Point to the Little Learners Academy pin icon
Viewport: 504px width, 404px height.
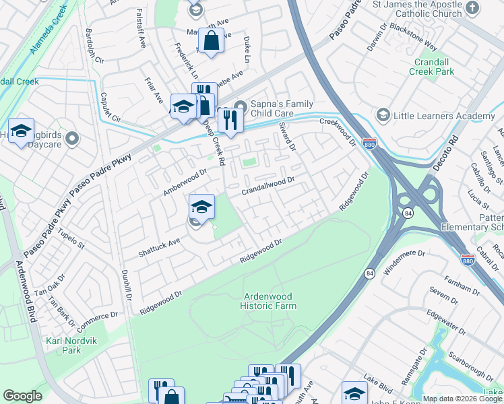[x=383, y=116]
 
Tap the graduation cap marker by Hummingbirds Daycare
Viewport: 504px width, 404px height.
[x=22, y=131]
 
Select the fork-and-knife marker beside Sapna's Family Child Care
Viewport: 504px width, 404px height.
[x=230, y=120]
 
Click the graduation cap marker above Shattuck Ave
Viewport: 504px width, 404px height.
[x=201, y=207]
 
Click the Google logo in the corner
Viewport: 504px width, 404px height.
[x=22, y=396]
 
